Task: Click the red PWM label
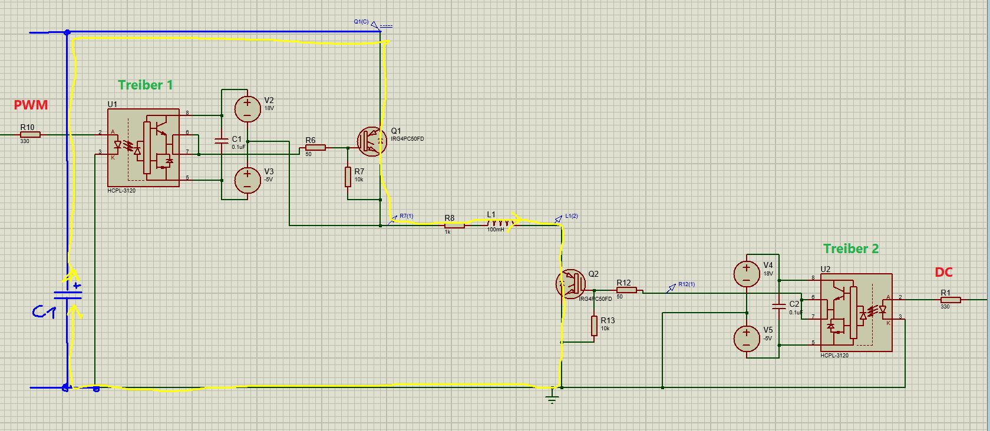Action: [31, 105]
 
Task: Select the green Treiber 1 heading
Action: [146, 85]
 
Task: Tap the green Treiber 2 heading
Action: [850, 248]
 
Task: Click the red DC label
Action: [943, 272]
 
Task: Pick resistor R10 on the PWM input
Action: [29, 135]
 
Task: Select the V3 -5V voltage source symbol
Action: [247, 180]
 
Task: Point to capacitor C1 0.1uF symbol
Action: [222, 141]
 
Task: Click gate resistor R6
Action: [315, 147]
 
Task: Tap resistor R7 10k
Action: [348, 177]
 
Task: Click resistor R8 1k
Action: [454, 225]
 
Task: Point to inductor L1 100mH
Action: [499, 223]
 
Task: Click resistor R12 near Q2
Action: [627, 290]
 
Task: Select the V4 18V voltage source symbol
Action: [747, 273]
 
